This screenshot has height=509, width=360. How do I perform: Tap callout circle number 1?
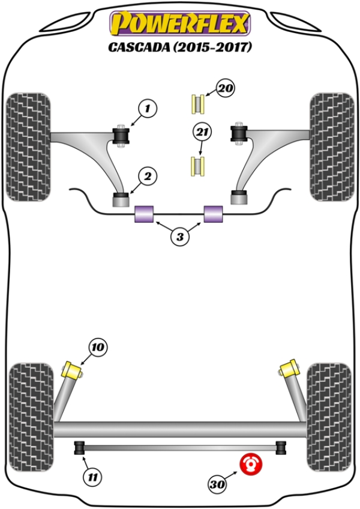pyautogui.click(x=147, y=109)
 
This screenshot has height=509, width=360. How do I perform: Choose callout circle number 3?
pyautogui.click(x=179, y=237)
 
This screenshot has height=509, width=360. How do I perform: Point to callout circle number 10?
pyautogui.click(x=98, y=347)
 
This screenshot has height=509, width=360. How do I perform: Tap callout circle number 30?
pyautogui.click(x=220, y=482)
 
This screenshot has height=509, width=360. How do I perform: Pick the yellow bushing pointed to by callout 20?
pyautogui.click(x=197, y=104)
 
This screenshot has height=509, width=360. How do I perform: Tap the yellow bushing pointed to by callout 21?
pyautogui.click(x=197, y=166)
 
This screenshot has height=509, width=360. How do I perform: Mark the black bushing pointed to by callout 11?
pyautogui.click(x=78, y=448)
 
